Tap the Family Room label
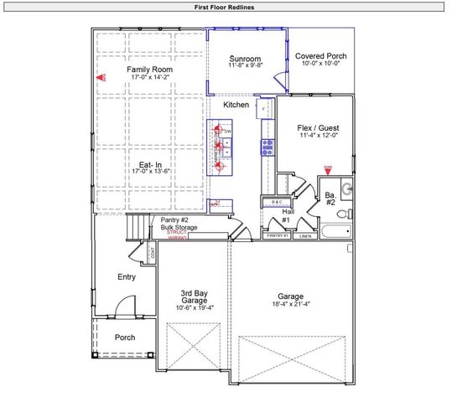coord(149,69)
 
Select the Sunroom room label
coord(247,59)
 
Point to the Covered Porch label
coord(322,57)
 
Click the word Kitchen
coord(236,106)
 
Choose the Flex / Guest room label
coord(318,129)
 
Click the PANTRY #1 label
coord(277,237)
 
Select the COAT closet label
coord(152,252)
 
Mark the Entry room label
coord(127,277)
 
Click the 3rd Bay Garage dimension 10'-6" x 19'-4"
coord(195,307)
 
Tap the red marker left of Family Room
coord(98,77)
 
